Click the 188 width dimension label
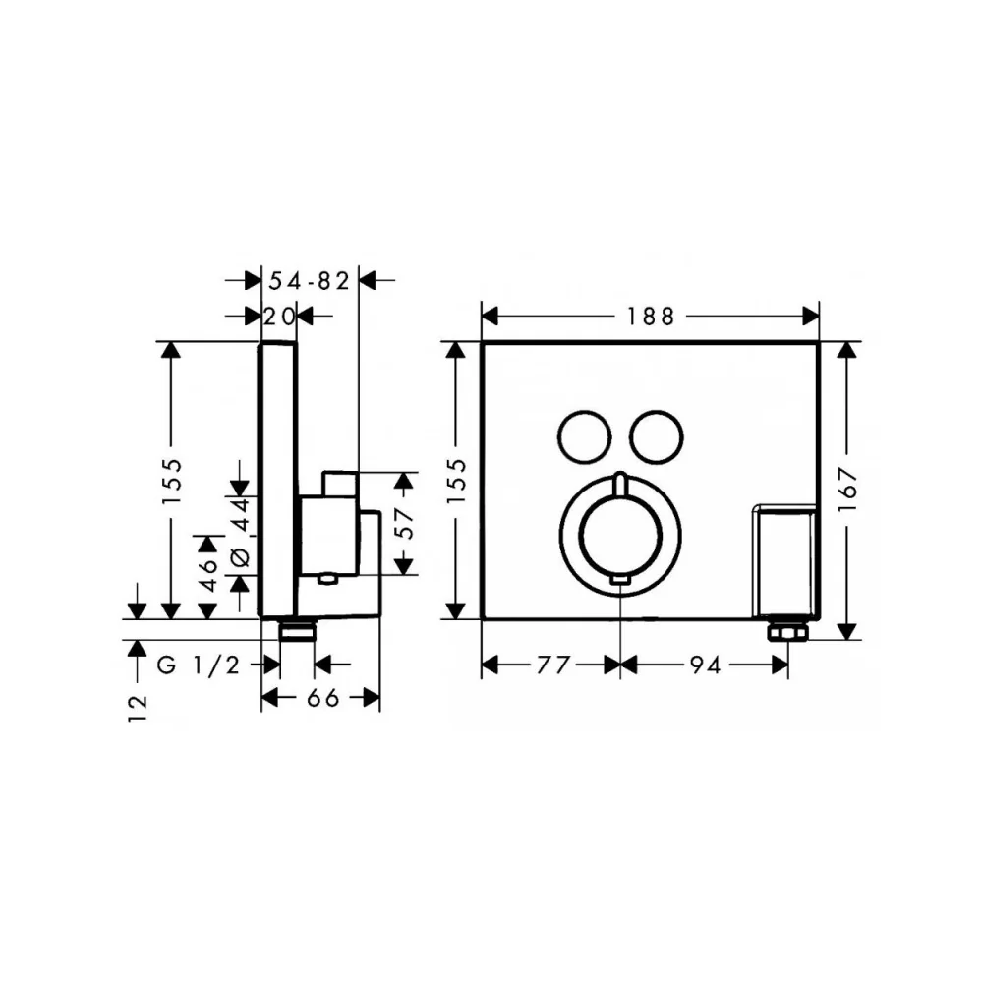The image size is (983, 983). tap(650, 318)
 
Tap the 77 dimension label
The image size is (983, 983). tap(553, 665)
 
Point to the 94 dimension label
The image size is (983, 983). tap(705, 665)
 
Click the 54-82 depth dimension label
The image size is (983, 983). tap(309, 281)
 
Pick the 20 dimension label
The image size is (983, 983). tap(278, 318)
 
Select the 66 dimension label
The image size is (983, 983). tap(322, 697)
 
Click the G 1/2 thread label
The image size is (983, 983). tap(199, 665)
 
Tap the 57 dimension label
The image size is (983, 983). tap(405, 524)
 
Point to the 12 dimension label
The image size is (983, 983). tap(138, 709)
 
